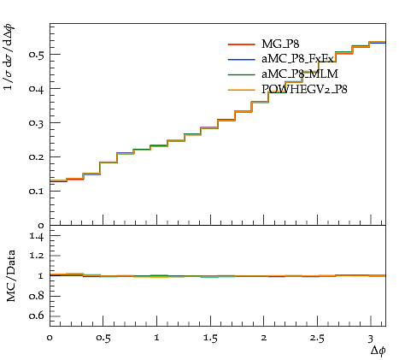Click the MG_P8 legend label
click(280, 44)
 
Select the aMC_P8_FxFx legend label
click(297, 59)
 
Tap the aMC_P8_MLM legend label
click(300, 74)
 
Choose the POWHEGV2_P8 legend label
click(304, 90)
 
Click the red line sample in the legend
click(241, 44)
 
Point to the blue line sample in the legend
click(241, 59)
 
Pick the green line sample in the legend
click(241, 74)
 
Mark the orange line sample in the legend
click(241, 90)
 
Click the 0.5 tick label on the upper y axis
click(37, 55)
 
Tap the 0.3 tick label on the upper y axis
click(37, 123)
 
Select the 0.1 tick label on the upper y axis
click(37, 191)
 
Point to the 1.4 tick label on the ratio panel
click(37, 236)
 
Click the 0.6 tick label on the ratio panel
click(37, 316)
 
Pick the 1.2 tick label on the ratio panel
click(37, 256)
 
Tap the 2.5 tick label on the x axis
click(317, 339)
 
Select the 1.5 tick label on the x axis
click(210, 339)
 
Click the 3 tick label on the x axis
click(370, 339)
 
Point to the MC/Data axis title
click(11, 276)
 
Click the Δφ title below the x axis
click(378, 351)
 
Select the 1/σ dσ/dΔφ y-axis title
click(9, 57)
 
